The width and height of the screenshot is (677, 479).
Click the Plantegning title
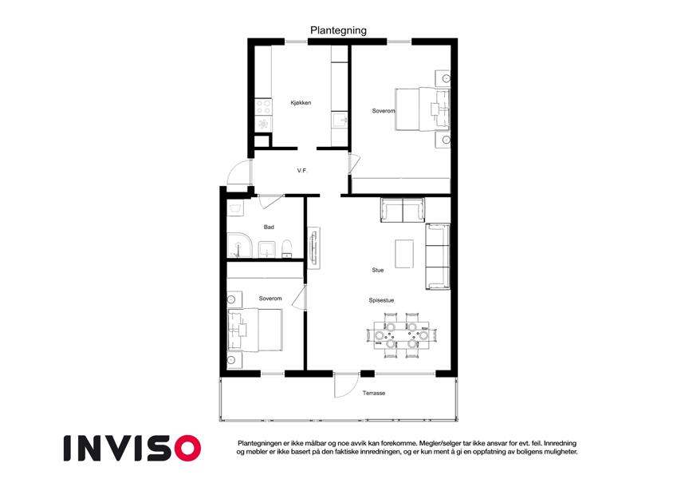pyautogui.click(x=338, y=30)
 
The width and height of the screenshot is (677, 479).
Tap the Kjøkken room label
pyautogui.click(x=301, y=103)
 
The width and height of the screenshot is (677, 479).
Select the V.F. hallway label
pyautogui.click(x=302, y=171)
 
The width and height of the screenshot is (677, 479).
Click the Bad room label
pyautogui.click(x=269, y=227)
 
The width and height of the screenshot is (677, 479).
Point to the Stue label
pyautogui.click(x=378, y=270)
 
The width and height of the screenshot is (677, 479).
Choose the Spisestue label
pyautogui.click(x=381, y=300)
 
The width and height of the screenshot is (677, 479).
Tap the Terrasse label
pyautogui.click(x=374, y=393)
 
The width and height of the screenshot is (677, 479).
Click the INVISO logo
pyautogui.click(x=132, y=448)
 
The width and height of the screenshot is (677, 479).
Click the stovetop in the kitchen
pyautogui.click(x=263, y=107)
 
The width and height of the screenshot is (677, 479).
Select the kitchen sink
pyautogui.click(x=340, y=119)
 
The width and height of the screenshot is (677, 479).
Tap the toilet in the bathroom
pyautogui.click(x=287, y=249)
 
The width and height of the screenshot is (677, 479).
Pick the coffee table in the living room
pyautogui.click(x=404, y=254)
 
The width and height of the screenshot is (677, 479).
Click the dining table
pyautogui.click(x=402, y=335)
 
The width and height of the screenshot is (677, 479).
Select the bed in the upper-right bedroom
pyautogui.click(x=423, y=109)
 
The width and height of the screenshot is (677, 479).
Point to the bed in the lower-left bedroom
pyautogui.click(x=255, y=330)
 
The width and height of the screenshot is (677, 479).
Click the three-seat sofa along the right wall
pyautogui.click(x=438, y=256)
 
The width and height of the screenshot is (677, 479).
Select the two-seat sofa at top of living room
pyautogui.click(x=403, y=210)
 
